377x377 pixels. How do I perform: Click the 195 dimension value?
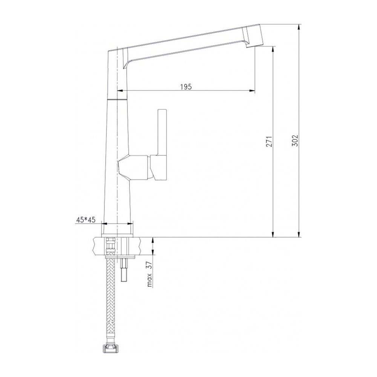[186, 87]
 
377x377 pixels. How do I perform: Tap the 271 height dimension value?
[269, 141]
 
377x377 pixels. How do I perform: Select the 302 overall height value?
[295, 141]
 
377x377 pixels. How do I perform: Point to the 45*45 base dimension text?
[86, 220]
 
